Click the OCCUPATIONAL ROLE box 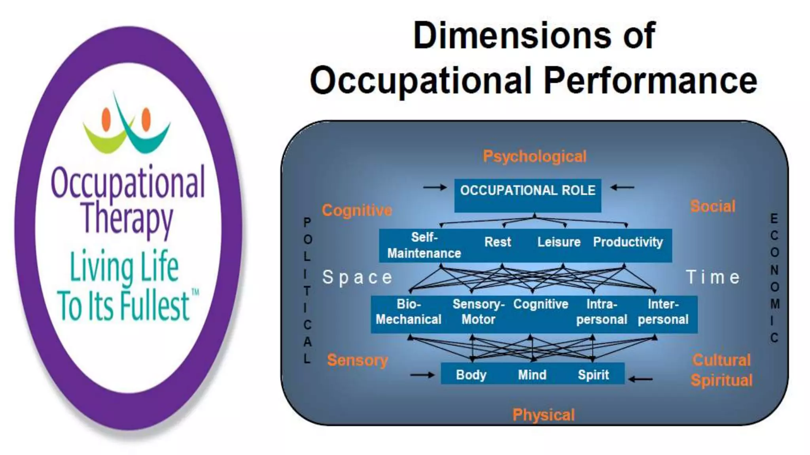[527, 195]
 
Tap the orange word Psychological [534, 156]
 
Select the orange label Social [713, 206]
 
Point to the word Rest [498, 242]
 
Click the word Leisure [558, 242]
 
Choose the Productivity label [628, 242]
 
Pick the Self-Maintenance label [424, 245]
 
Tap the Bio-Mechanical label [409, 312]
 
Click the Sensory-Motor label [478, 312]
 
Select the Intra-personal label [602, 312]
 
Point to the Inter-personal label [663, 312]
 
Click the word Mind [532, 374]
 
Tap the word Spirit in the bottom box [593, 374]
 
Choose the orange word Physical [543, 415]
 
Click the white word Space [357, 277]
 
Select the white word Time [713, 277]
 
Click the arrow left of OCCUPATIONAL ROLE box [435, 187]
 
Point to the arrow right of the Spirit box [641, 379]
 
